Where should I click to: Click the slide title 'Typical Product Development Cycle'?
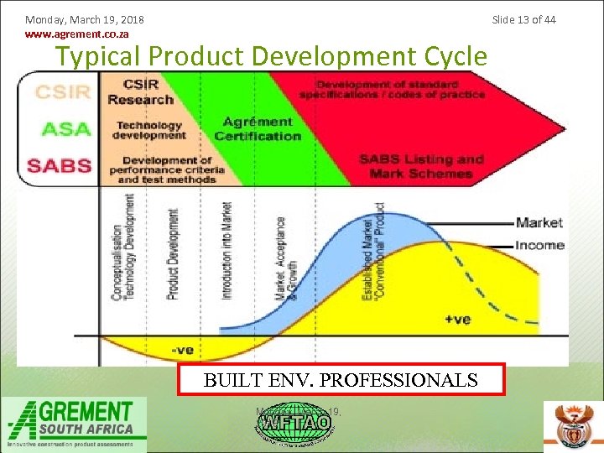[x=270, y=56]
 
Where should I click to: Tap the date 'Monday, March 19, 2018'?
[x=84, y=19]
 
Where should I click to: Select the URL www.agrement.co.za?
[x=77, y=35]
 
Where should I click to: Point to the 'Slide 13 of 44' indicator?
[x=523, y=19]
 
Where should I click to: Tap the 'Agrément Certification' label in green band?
[x=258, y=129]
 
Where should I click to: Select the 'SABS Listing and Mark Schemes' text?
[x=421, y=166]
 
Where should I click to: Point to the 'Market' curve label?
[x=539, y=222]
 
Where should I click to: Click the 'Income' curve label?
[x=539, y=245]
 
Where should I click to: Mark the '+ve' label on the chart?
[x=457, y=320]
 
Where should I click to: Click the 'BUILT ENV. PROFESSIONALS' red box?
[x=341, y=379]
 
